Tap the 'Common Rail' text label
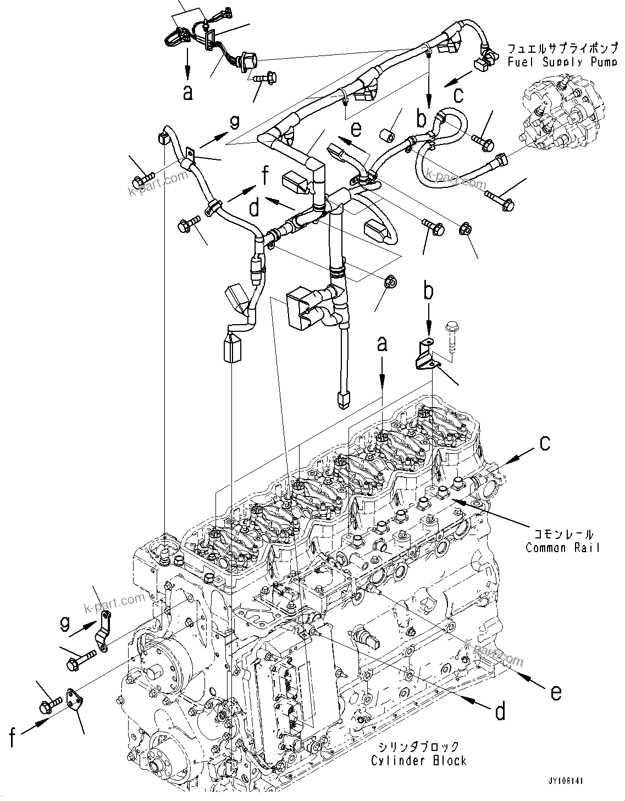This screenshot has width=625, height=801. pyautogui.click(x=562, y=547)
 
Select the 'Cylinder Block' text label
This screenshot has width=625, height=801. pyautogui.click(x=418, y=760)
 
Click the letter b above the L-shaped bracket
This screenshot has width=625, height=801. pyautogui.click(x=428, y=292)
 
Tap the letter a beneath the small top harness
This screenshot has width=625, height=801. pyautogui.click(x=188, y=92)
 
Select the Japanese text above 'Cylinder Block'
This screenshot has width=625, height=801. pyautogui.click(x=418, y=747)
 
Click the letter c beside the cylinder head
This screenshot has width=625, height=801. pyautogui.click(x=544, y=443)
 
